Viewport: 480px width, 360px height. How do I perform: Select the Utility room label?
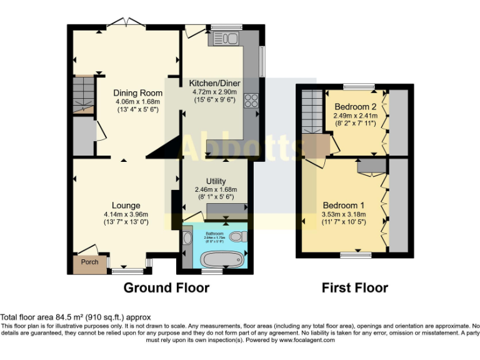coord(216,181)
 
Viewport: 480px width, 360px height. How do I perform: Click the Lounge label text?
coord(126,206)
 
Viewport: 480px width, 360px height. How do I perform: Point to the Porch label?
coord(90,262)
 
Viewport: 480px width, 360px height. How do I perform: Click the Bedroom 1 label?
coord(343,205)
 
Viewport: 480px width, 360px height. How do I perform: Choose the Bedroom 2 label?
coord(354,106)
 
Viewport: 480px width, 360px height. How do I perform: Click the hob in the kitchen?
coord(252,101)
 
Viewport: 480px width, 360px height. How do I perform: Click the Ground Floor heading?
coord(166,287)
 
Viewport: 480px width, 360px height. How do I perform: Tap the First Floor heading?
coord(354,287)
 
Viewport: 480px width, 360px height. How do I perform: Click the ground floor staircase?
coord(82,94)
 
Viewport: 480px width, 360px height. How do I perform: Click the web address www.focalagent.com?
coord(307,341)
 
